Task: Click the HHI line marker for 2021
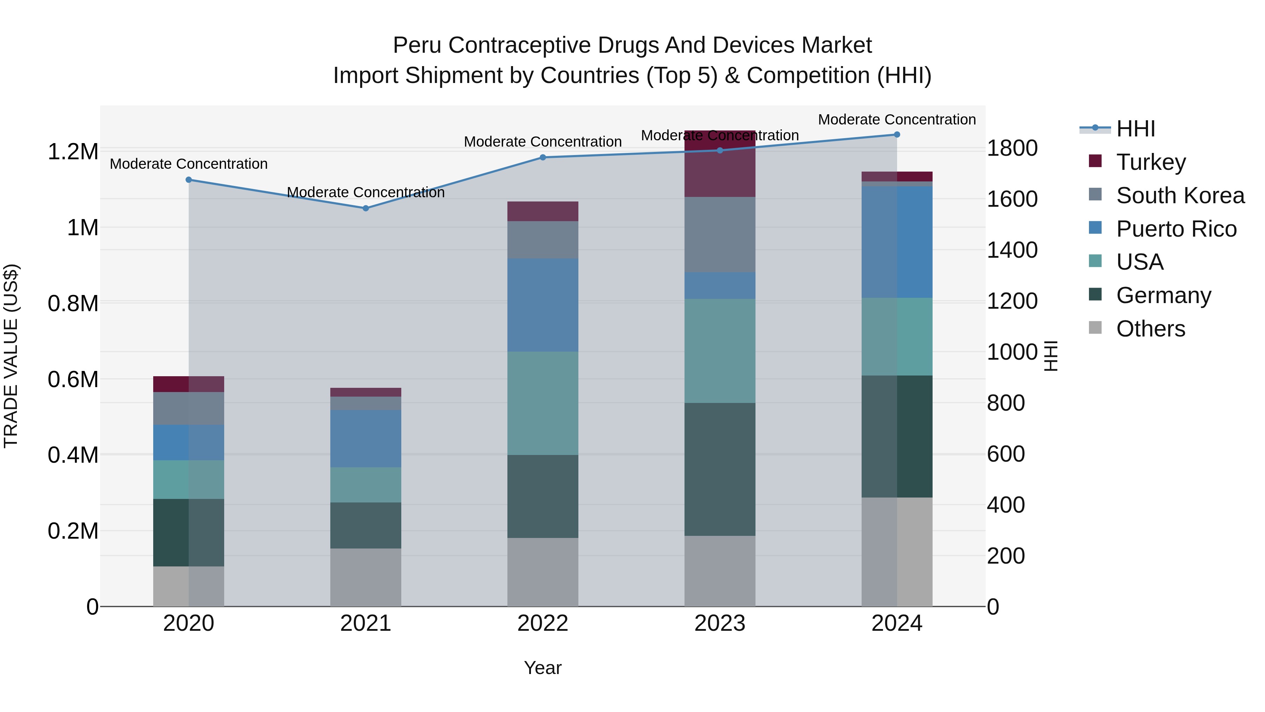[x=365, y=209]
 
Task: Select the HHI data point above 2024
[x=897, y=135]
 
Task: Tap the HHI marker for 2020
[x=189, y=180]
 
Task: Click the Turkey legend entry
[x=1150, y=162]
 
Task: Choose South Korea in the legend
[x=1180, y=195]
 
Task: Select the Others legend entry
[x=1150, y=329]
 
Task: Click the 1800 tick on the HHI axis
[x=1012, y=148]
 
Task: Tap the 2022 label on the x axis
[x=543, y=623]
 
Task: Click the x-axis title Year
[x=543, y=668]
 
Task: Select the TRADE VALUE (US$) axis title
[x=11, y=356]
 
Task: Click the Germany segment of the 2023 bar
[x=720, y=469]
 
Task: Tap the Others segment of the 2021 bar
[x=365, y=577]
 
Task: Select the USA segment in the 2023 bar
[x=720, y=351]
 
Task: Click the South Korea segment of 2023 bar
[x=720, y=235]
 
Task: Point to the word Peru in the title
[x=417, y=45]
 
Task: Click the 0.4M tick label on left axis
[x=73, y=455]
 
